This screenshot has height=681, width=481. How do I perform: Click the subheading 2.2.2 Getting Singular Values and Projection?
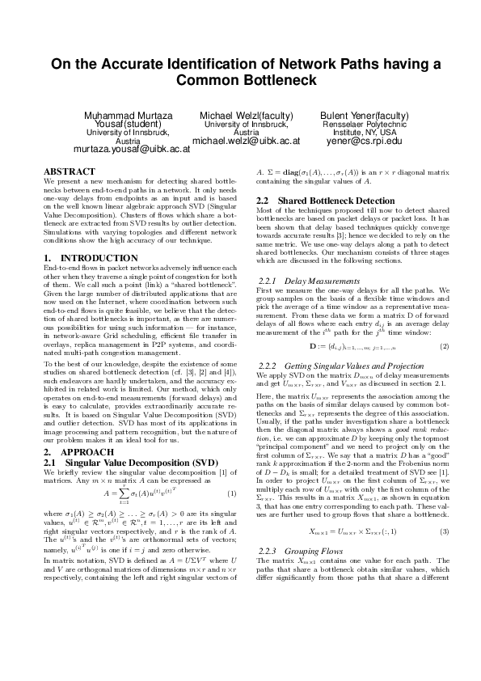click(x=339, y=366)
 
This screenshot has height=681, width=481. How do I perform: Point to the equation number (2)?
click(x=444, y=347)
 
